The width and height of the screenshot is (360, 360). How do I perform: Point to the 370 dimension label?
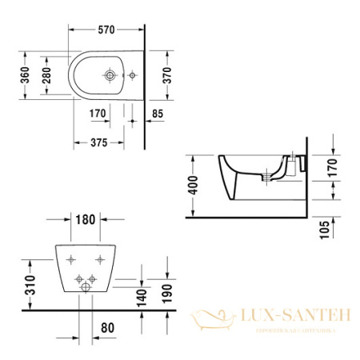pos(166,74)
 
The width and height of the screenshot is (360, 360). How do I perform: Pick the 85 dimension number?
pos(158,114)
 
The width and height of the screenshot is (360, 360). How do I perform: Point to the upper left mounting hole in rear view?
pos(72,258)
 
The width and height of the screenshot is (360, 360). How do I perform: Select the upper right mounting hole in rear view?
pos(100,258)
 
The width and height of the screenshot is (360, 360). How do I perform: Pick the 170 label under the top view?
pos(98,114)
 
